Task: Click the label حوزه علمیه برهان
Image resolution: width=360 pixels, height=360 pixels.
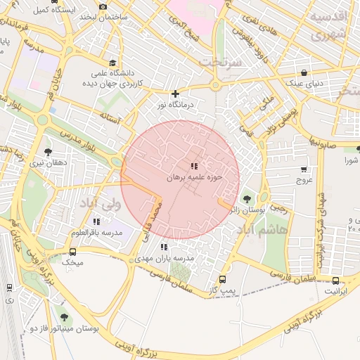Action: coord(194,178)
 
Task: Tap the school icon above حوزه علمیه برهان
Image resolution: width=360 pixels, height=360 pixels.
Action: coord(193,166)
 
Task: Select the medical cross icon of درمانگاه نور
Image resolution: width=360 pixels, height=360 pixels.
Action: coord(175,94)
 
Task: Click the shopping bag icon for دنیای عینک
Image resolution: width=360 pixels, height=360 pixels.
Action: coord(304,72)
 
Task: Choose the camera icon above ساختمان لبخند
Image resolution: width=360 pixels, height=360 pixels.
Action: coord(103,6)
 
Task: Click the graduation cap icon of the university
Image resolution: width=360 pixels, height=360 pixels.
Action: coord(114,63)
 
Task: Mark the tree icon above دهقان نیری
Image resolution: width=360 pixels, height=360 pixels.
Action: coord(48,151)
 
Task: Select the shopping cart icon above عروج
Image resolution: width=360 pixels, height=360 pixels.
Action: coord(304,169)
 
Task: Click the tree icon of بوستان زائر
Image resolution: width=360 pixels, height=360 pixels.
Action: coord(246,199)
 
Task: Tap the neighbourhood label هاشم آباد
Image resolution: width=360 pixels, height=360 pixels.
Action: coord(264,230)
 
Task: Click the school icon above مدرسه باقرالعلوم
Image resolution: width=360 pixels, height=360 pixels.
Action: coord(96,221)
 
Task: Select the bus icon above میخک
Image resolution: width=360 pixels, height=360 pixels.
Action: coord(72,251)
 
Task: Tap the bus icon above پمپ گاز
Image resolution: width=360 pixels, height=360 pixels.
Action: coord(223,279)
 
